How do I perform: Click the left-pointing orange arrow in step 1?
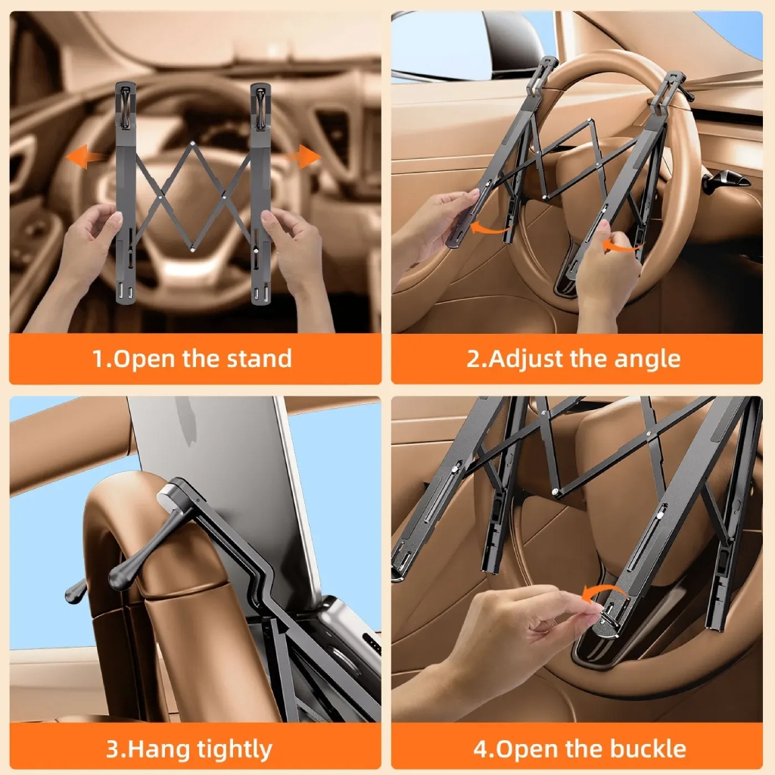tap(85, 157)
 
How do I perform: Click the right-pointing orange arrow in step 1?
tap(303, 157)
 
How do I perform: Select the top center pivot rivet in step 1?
tap(193, 144)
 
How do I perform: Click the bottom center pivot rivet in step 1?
tap(191, 250)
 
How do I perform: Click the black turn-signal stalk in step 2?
tap(728, 180)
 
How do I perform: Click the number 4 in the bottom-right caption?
tap(481, 749)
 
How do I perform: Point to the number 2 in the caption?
tap(474, 359)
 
